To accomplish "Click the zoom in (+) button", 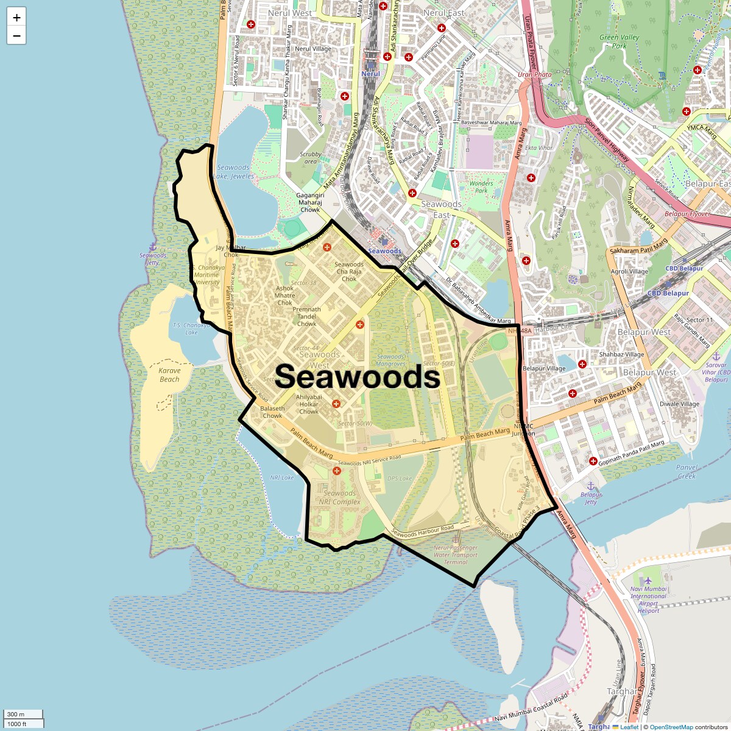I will click(16, 18).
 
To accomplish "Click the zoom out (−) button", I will click(16, 36).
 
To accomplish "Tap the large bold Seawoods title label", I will click(358, 377).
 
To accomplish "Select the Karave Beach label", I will click(169, 375).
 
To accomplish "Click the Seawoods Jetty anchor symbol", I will click(153, 246).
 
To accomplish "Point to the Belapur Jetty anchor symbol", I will click(590, 486).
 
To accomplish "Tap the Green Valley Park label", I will click(619, 41).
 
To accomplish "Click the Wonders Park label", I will click(481, 186).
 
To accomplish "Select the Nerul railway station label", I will click(370, 74).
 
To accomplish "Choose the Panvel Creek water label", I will click(687, 471).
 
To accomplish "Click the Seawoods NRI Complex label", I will click(340, 498).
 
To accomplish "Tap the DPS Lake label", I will click(400, 479).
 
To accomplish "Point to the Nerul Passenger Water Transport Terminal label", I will click(456, 554).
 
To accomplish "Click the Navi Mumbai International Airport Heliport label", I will click(648, 599).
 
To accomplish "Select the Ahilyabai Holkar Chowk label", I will click(309, 404).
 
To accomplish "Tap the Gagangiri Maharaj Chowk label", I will click(310, 202).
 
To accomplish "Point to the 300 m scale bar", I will click(23, 714).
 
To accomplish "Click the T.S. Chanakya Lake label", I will click(191, 329).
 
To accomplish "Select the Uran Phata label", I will click(534, 74).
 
